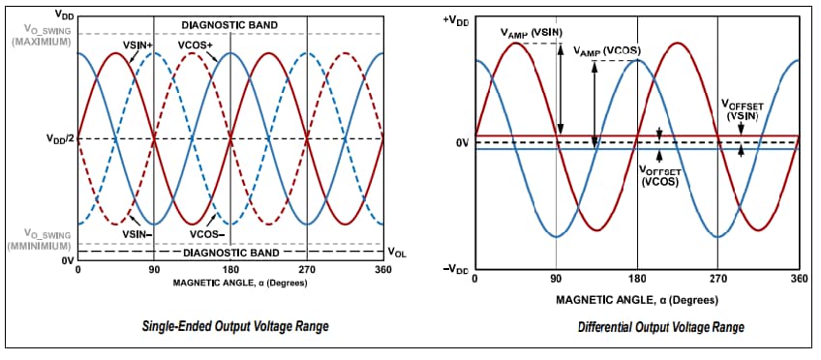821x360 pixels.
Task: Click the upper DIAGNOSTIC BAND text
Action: coord(229,23)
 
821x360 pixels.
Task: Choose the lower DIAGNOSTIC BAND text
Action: coord(229,253)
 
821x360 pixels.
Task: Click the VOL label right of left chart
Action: coord(396,253)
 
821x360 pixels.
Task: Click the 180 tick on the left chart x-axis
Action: coord(230,272)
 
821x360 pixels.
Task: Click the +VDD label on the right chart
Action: coord(455,20)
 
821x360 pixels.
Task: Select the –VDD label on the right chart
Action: coord(455,268)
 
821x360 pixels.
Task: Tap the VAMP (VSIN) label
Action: coord(531,32)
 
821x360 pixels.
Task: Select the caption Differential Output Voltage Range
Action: coord(661,327)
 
